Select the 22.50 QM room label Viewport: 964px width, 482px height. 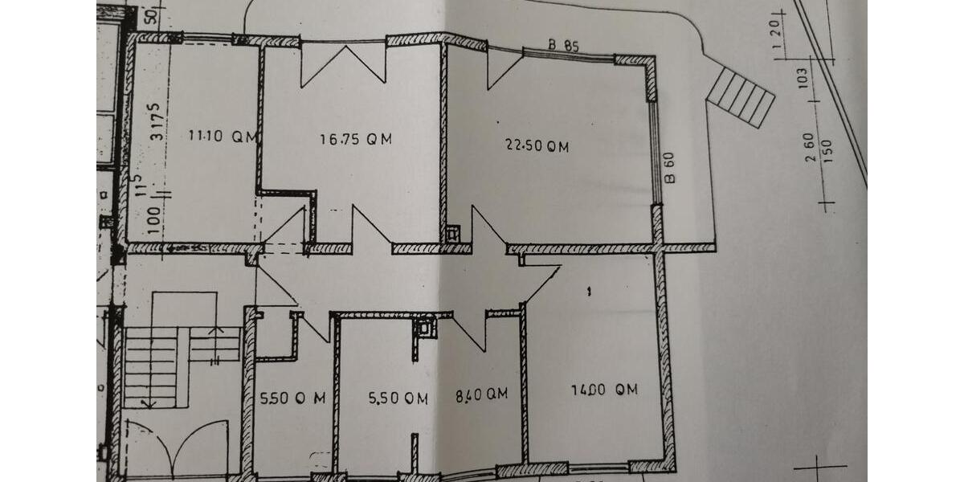537,145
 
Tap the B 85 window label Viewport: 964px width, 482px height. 564,45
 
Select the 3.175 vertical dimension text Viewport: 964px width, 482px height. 157,120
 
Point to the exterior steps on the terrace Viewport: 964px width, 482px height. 741,96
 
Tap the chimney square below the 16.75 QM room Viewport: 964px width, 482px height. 453,234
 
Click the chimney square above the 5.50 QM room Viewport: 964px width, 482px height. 425,326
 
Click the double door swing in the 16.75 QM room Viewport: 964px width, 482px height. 344,65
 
